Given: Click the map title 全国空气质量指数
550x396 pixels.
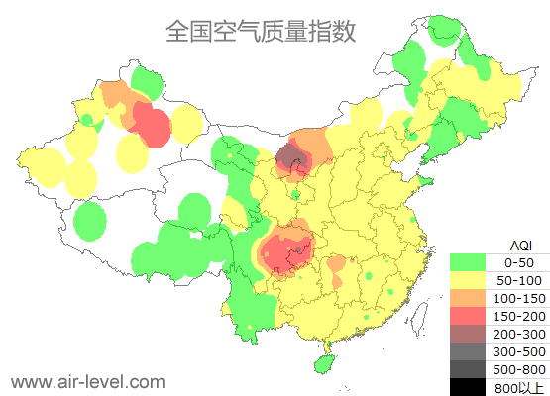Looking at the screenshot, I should (x=260, y=32).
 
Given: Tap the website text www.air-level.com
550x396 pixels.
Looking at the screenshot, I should (x=87, y=381).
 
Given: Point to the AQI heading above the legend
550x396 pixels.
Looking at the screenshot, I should (x=520, y=246).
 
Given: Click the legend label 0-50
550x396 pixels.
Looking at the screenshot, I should (x=518, y=263).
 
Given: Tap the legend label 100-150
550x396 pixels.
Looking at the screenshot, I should (x=518, y=298).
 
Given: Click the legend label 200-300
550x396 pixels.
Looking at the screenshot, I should (x=518, y=334).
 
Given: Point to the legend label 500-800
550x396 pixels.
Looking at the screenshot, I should (x=518, y=368).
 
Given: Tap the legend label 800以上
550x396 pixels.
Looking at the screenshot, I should (x=518, y=385).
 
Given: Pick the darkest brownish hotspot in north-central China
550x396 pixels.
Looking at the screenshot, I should (x=290, y=156).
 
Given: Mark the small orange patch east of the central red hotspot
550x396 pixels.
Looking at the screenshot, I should (x=337, y=266).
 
